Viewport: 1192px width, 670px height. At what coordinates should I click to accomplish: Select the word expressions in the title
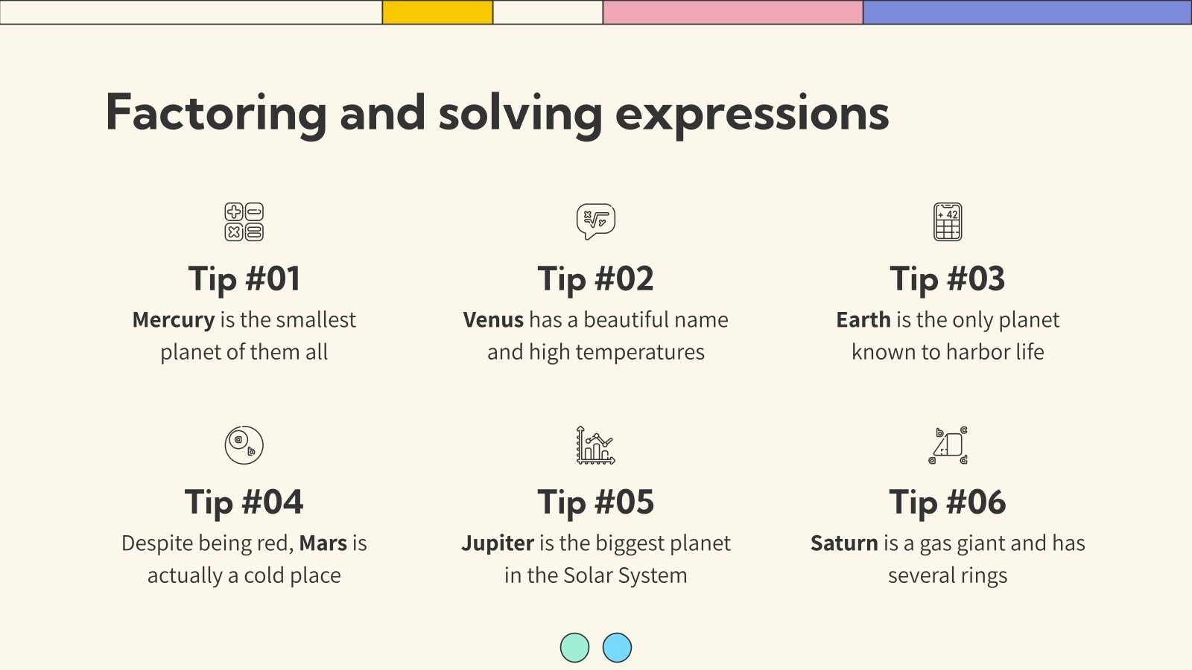tap(752, 113)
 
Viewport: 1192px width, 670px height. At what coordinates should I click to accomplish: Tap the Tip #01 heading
tap(244, 279)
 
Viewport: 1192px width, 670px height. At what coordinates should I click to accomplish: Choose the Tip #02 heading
tap(596, 279)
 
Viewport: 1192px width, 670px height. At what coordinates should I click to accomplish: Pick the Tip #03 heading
tap(948, 279)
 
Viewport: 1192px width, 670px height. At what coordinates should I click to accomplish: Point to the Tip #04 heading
tap(244, 502)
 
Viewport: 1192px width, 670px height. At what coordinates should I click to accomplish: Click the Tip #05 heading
tap(596, 502)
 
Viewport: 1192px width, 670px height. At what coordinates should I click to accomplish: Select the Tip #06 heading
tap(948, 502)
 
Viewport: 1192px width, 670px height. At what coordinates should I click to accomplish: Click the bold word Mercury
tap(174, 320)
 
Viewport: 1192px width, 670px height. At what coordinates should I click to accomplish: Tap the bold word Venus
tap(493, 320)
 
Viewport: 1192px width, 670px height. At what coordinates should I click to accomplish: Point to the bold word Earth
tap(863, 320)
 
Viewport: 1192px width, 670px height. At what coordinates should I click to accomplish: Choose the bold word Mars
tap(323, 543)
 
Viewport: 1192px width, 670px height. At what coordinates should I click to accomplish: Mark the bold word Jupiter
tap(498, 543)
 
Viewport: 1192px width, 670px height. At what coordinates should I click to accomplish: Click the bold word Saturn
tap(844, 543)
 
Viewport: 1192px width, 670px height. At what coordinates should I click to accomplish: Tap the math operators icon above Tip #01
tap(244, 222)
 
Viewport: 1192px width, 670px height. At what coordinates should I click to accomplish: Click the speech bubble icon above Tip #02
tap(596, 221)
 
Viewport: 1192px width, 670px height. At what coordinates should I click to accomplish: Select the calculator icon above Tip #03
tap(948, 222)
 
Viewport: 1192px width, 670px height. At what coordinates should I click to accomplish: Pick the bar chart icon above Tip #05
tap(596, 445)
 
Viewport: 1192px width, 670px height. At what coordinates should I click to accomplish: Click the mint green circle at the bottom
tap(574, 648)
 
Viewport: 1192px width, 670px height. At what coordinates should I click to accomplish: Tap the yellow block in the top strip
tap(437, 12)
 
